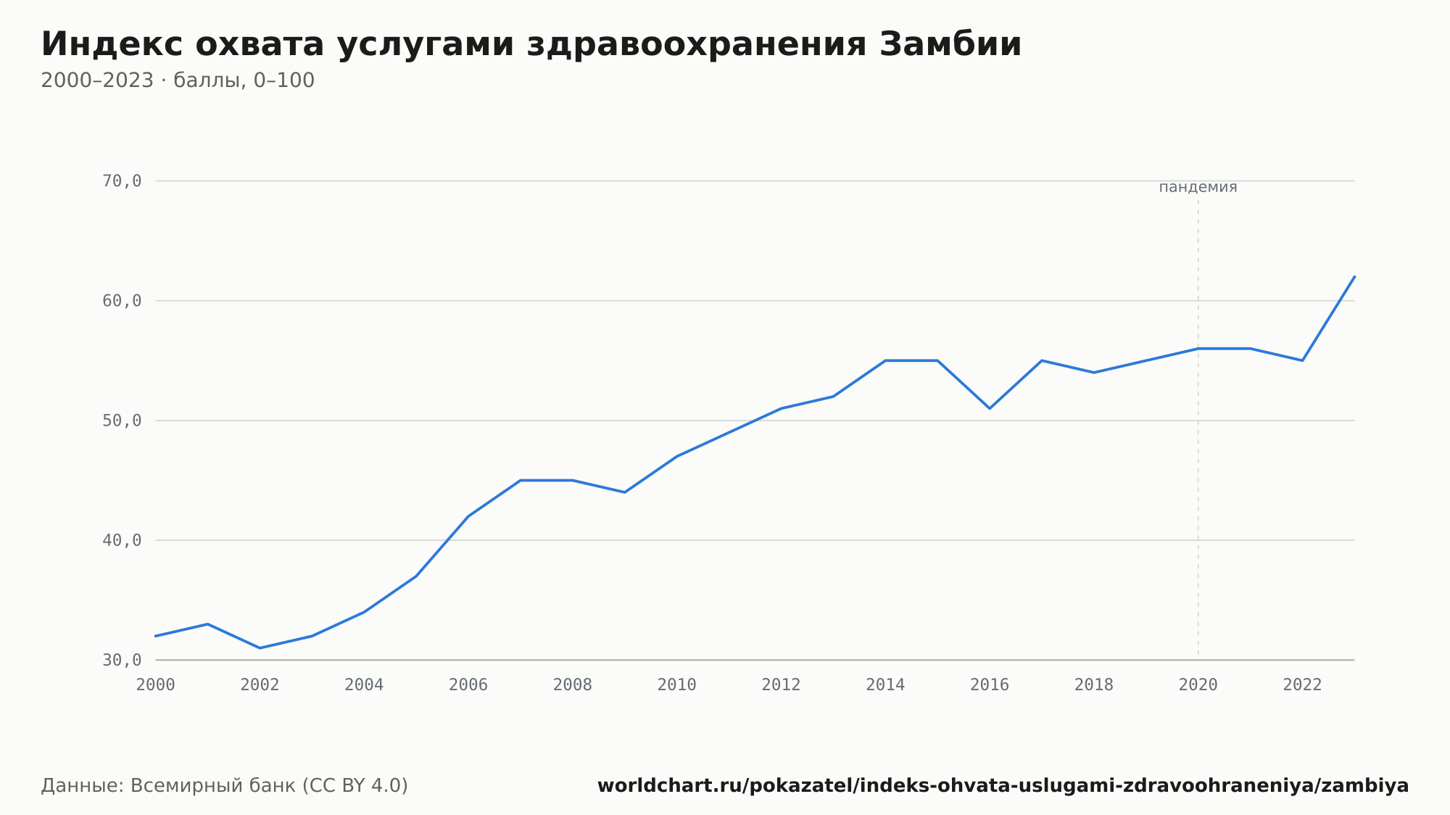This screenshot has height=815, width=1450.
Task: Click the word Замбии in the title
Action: (950, 44)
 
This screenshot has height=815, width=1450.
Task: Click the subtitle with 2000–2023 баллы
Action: (178, 80)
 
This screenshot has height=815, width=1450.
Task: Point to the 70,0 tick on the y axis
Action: (122, 181)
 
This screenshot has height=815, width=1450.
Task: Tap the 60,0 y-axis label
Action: (122, 301)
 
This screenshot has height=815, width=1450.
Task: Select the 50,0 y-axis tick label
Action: (122, 421)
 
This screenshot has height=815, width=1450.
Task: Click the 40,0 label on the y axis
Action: (122, 541)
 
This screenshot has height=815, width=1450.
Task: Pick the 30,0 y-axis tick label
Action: (122, 661)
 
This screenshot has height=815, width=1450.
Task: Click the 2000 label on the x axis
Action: (156, 685)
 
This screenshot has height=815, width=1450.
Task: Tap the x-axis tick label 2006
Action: (468, 685)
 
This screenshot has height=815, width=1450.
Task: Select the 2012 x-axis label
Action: (781, 685)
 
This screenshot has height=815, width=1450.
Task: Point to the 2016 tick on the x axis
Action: (990, 685)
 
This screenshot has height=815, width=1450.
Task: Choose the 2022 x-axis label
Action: (1303, 685)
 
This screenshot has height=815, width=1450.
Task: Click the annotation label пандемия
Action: (1198, 187)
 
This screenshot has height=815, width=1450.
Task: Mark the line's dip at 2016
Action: (990, 408)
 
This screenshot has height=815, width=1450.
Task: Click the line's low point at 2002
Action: (260, 648)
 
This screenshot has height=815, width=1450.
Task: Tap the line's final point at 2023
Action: (1354, 276)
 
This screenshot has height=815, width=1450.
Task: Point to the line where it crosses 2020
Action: (1198, 349)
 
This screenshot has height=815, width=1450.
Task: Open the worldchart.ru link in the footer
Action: (1003, 786)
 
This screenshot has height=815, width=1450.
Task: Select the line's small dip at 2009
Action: (624, 492)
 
